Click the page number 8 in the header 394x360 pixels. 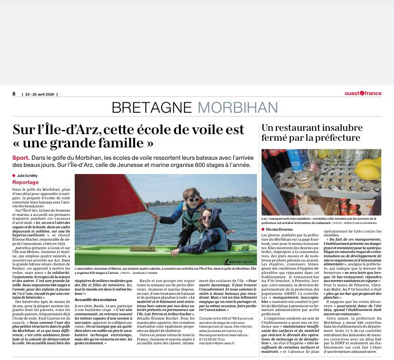(14, 94)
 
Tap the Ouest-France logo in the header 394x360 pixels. (363, 93)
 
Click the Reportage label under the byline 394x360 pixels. (26, 183)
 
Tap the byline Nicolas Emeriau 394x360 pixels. (281, 230)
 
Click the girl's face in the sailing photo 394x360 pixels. (206, 219)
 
